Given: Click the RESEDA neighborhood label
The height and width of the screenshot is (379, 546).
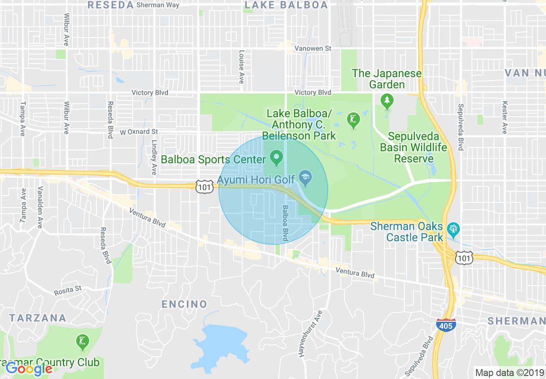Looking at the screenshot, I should (110, 5).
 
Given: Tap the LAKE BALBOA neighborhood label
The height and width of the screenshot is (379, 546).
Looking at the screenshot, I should (286, 5).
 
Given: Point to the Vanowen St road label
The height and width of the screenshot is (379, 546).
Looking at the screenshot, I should (313, 49).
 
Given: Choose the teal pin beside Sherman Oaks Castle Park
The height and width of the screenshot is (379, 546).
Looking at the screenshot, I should (453, 228).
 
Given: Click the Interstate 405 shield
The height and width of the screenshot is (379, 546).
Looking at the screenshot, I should (445, 326).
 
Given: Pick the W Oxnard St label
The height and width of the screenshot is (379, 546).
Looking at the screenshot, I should (139, 132).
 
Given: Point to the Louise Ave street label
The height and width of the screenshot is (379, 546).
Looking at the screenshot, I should (242, 67).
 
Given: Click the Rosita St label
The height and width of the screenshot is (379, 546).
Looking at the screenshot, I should (68, 290).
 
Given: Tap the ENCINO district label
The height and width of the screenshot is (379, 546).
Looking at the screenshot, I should (184, 304).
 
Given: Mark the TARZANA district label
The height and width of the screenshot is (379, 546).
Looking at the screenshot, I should (38, 318).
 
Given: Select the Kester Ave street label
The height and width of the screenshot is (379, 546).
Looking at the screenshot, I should (504, 118).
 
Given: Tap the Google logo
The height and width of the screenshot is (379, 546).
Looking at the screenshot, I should (29, 368).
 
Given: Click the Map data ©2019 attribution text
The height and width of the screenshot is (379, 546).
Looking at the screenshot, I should (509, 372).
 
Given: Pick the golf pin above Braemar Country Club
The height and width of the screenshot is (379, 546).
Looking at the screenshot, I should (82, 342).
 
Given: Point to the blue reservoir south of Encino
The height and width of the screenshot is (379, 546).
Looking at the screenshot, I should (221, 345).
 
